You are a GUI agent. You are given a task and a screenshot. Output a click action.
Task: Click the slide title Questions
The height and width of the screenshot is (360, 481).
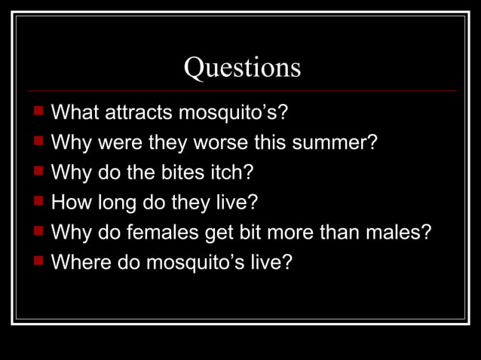tap(242, 68)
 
